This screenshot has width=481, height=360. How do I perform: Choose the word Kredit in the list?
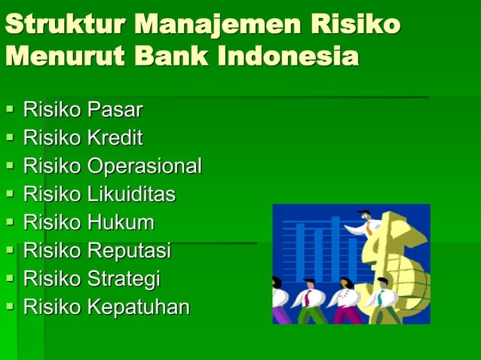tap(115, 138)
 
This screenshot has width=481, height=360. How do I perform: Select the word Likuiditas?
tap(131, 194)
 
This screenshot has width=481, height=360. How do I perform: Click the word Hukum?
tap(121, 223)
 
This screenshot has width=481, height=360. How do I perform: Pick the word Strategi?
tap(124, 279)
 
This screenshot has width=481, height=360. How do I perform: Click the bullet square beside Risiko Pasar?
tap(10, 110)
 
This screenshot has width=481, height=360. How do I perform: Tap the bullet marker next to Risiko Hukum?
tap(10, 223)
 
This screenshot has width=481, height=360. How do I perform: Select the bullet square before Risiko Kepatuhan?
tap(10, 307)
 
